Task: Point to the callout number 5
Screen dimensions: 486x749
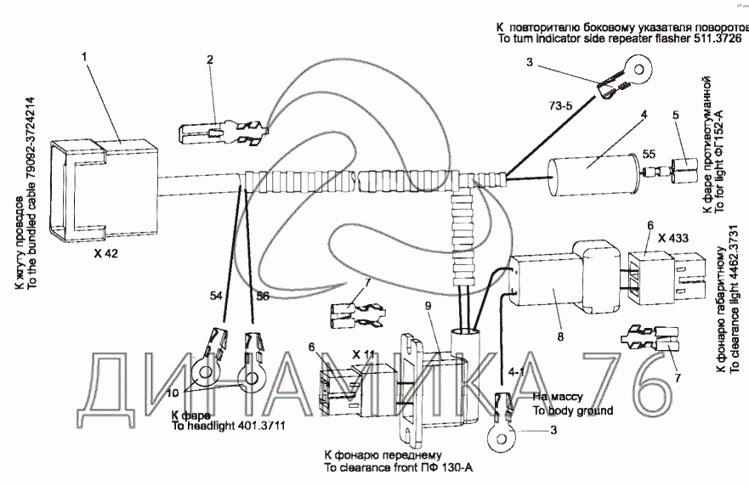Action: click(x=676, y=115)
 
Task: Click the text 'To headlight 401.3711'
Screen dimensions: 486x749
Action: click(x=223, y=427)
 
